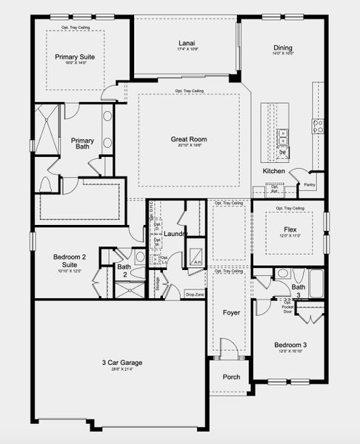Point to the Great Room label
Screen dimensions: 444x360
[188, 138]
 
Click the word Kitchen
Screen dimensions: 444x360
[273, 171]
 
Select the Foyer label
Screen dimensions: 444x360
[232, 313]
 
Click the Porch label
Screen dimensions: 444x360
[232, 377]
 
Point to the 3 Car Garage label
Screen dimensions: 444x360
[122, 363]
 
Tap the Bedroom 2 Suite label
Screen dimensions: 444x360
[70, 261]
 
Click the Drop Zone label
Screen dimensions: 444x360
[195, 295]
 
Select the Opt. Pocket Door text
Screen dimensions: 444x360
[287, 306]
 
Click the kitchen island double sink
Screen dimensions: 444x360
[282, 137]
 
